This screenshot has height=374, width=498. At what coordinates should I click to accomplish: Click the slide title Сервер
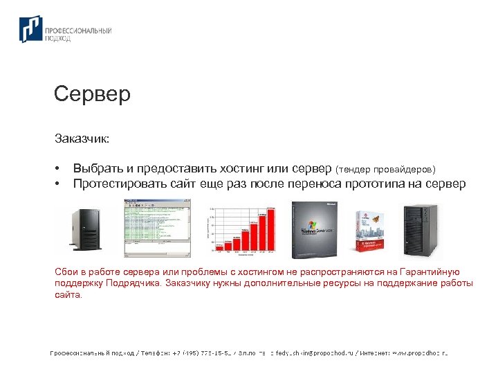point(92,94)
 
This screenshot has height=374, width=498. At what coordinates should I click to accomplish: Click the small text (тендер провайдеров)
point(386,169)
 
